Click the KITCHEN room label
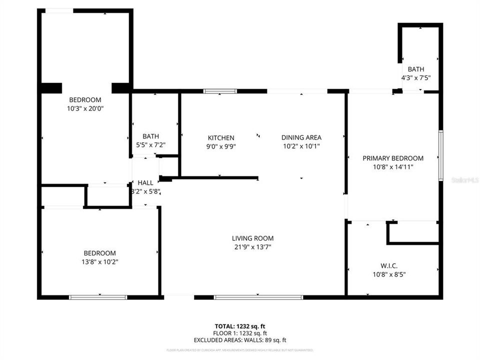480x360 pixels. coord(221,137)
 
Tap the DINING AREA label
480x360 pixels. coord(301,137)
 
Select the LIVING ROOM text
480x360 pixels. coord(252,238)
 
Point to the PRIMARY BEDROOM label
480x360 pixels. coord(393,158)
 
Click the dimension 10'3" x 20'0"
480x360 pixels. coord(85,108)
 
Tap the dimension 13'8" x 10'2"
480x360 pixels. coord(99,261)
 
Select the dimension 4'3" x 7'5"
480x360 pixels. coord(415,78)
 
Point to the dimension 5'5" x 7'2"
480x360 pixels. coord(150,145)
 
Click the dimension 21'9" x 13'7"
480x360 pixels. coord(252,246)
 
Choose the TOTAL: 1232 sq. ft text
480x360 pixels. coord(240,326)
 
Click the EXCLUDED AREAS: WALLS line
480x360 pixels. coord(240,340)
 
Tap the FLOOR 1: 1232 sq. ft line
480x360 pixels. coord(240,333)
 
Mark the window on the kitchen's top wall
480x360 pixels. coord(220,91)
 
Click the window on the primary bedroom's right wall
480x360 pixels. coord(440,155)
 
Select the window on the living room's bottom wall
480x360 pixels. coord(258,297)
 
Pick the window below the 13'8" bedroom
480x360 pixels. coord(98,297)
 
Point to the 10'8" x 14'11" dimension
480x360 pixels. coord(393,166)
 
